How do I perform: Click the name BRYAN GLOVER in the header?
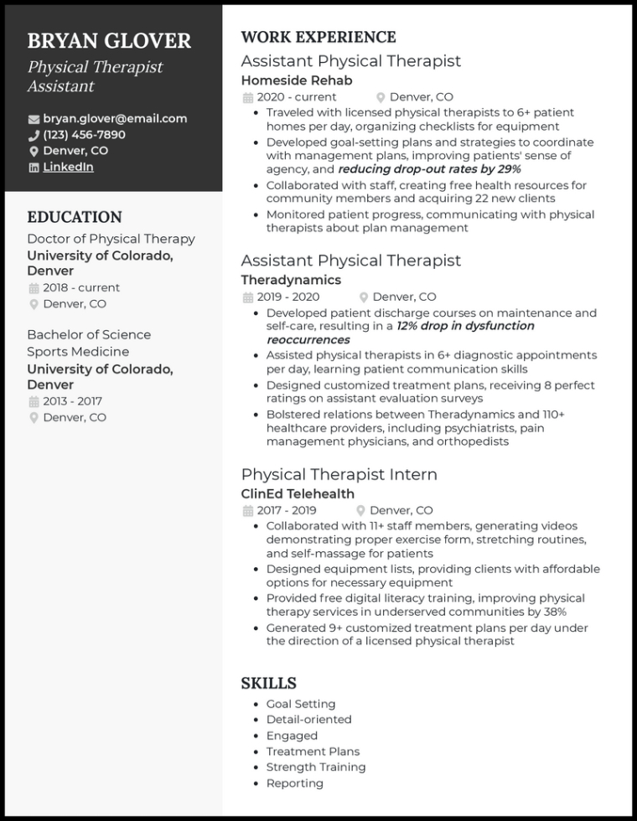pyautogui.click(x=109, y=41)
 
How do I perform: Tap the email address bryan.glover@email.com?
pyautogui.click(x=115, y=119)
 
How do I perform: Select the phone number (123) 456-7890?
pyautogui.click(x=84, y=135)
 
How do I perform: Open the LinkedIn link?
pyautogui.click(x=68, y=167)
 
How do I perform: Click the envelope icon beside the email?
pyautogui.click(x=34, y=120)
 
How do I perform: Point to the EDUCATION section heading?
pyautogui.click(x=75, y=217)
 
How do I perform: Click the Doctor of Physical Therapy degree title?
pyautogui.click(x=111, y=239)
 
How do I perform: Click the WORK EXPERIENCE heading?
pyautogui.click(x=318, y=37)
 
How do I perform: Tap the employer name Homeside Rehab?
pyautogui.click(x=297, y=80)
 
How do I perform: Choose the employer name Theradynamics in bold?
pyautogui.click(x=291, y=280)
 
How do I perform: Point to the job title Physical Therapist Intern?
pyautogui.click(x=339, y=474)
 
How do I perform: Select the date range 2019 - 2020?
pyautogui.click(x=287, y=297)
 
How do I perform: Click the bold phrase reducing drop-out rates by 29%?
pyautogui.click(x=429, y=169)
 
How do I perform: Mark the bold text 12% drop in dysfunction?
pyautogui.click(x=465, y=326)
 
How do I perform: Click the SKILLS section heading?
pyautogui.click(x=268, y=683)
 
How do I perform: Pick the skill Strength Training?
pyautogui.click(x=316, y=767)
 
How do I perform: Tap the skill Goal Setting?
pyautogui.click(x=300, y=704)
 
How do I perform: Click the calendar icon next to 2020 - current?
pyautogui.click(x=247, y=98)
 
